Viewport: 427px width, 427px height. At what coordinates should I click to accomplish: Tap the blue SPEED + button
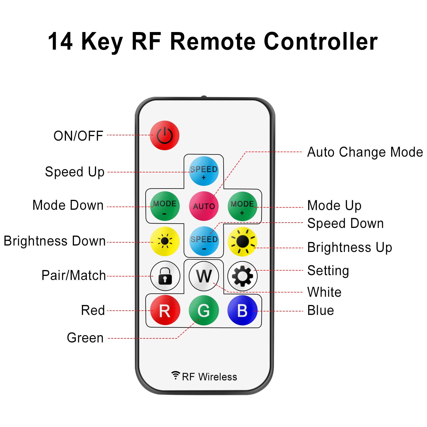tap(204, 171)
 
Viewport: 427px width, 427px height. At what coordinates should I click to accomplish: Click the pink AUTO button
tap(204, 206)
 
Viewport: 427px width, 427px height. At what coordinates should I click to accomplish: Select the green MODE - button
tap(165, 206)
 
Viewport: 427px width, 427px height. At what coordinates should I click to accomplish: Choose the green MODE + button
tap(242, 206)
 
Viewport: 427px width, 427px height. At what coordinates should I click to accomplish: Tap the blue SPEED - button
tap(204, 241)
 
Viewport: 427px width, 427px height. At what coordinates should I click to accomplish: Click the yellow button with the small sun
tap(165, 241)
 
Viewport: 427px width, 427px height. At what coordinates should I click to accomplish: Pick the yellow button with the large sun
tap(242, 242)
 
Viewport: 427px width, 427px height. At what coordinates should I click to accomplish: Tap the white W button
tap(204, 276)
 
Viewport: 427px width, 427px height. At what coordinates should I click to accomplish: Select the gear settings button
tap(242, 276)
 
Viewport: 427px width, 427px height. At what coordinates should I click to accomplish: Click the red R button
tap(165, 310)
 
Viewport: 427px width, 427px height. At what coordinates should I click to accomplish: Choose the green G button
tap(204, 310)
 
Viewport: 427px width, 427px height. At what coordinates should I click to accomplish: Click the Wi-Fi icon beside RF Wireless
tap(176, 375)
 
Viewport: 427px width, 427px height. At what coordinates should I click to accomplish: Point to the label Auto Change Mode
tap(365, 152)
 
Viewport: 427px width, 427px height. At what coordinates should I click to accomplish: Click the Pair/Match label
tap(74, 275)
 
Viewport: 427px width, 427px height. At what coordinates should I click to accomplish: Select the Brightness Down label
tap(55, 241)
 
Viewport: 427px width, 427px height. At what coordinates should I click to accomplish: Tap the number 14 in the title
tap(60, 41)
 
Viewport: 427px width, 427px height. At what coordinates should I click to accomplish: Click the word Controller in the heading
tap(321, 41)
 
